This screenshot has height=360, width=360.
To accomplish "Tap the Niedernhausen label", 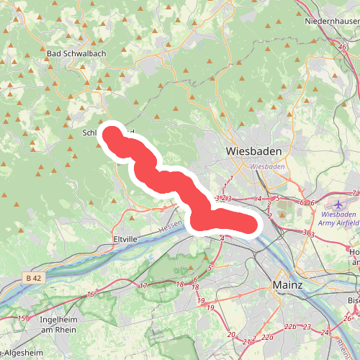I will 332,22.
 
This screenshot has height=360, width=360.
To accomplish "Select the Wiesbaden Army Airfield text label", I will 341,219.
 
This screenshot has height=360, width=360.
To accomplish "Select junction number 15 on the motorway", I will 22,318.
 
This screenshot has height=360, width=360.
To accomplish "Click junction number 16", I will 90,294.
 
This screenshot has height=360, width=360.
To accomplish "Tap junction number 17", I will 143,287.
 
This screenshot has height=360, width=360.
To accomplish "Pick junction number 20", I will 230,335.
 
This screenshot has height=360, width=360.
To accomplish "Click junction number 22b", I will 289,327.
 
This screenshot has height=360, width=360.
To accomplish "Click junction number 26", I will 346,318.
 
